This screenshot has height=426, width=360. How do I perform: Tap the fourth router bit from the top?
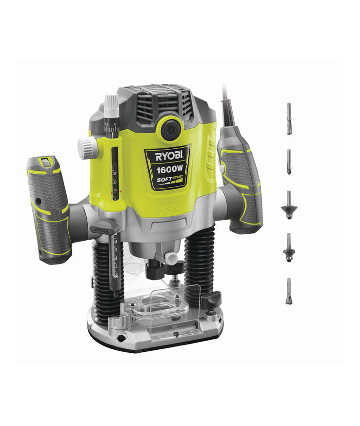pyautogui.click(x=289, y=247)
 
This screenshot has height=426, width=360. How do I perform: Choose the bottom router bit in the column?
pyautogui.click(x=289, y=291)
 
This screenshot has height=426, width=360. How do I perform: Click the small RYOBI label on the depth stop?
pyautogui.click(x=101, y=229)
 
